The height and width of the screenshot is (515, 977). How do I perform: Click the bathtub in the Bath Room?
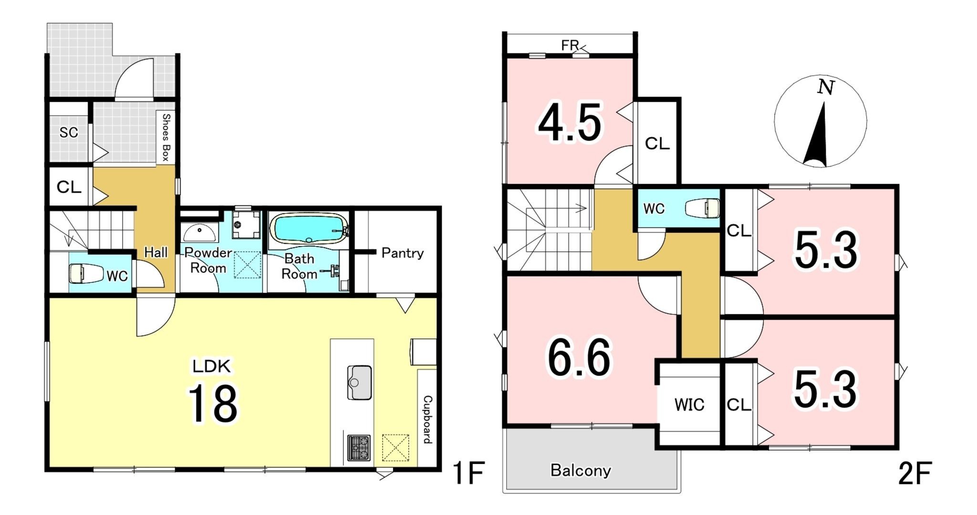point(309,229)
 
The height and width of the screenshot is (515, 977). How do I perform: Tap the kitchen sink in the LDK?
point(359,382)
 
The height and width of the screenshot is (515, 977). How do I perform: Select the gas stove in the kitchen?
point(359,448)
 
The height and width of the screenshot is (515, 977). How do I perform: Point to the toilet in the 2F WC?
point(702,208)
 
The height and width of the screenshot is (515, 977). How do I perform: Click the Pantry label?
point(402,253)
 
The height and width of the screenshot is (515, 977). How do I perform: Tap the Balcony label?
point(581,471)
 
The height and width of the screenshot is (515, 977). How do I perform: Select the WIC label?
point(689,405)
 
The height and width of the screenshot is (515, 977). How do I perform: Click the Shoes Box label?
point(166,137)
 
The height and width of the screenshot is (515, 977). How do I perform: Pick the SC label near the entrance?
point(69,133)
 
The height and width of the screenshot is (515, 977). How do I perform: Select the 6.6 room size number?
point(579,358)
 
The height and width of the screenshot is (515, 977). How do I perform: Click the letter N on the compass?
point(826,87)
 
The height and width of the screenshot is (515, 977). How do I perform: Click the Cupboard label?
point(427,419)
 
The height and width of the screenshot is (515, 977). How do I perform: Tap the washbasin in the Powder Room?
point(199,233)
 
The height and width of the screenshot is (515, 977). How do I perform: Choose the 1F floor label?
point(468,473)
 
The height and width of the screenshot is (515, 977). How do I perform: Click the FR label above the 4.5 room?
point(570,45)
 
